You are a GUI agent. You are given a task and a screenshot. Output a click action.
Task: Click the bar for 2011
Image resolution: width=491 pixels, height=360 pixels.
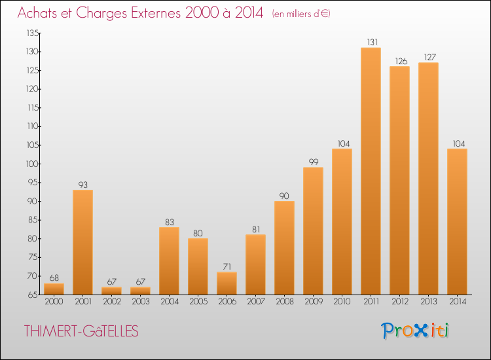coord(371,171)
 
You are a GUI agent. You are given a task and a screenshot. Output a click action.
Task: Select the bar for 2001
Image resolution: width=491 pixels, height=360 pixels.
coord(82,242)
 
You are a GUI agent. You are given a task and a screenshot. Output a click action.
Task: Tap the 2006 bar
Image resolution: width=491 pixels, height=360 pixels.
coord(227,283)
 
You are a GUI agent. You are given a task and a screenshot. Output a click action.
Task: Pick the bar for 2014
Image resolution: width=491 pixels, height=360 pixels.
coord(457,222)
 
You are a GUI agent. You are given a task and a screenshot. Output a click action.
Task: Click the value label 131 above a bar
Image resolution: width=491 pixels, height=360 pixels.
coord(373,43)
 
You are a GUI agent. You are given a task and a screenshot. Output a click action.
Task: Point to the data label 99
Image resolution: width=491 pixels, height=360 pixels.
coord(314,162)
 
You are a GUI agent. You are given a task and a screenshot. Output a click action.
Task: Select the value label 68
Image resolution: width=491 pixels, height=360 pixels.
coord(54,278)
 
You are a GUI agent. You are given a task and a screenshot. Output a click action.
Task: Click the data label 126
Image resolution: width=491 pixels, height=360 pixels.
coord(401,61)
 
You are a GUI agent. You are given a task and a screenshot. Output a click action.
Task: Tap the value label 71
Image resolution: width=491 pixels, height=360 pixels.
coord(227,266)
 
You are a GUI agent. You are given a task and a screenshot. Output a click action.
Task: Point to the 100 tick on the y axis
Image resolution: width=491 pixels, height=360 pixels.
coord(32,164)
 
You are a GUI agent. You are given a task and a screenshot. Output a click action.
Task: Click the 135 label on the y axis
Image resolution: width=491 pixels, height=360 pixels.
coord(33,33)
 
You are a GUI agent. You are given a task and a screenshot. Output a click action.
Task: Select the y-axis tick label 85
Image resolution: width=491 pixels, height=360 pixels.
coord(33,220)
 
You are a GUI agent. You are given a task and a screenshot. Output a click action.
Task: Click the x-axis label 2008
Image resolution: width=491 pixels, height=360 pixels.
coord(285,301)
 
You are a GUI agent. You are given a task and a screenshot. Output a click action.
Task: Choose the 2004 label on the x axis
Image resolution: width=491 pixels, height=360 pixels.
coord(170,301)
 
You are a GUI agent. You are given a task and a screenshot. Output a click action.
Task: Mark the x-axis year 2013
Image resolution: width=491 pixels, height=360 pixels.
coord(428,301)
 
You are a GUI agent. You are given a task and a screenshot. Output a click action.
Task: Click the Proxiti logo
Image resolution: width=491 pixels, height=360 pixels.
coord(415,331)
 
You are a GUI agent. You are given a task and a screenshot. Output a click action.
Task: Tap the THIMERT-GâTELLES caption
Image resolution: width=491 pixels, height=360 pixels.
coord(81,331)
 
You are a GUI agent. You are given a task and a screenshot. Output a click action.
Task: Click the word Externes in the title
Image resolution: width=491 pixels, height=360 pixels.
coord(156,12)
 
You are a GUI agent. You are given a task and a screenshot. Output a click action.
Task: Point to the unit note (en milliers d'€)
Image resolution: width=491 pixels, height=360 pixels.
coord(301,14)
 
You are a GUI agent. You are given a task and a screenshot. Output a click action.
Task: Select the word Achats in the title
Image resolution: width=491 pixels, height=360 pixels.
coord(37,12)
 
